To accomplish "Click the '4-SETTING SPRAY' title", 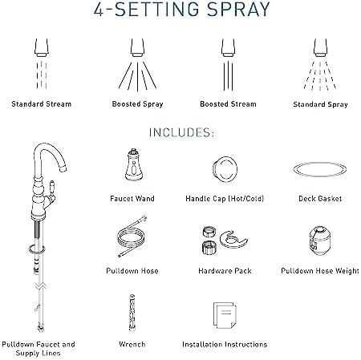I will point(180,14).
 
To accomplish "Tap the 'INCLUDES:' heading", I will point(180,131).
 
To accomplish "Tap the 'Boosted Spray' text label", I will point(134,103).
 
